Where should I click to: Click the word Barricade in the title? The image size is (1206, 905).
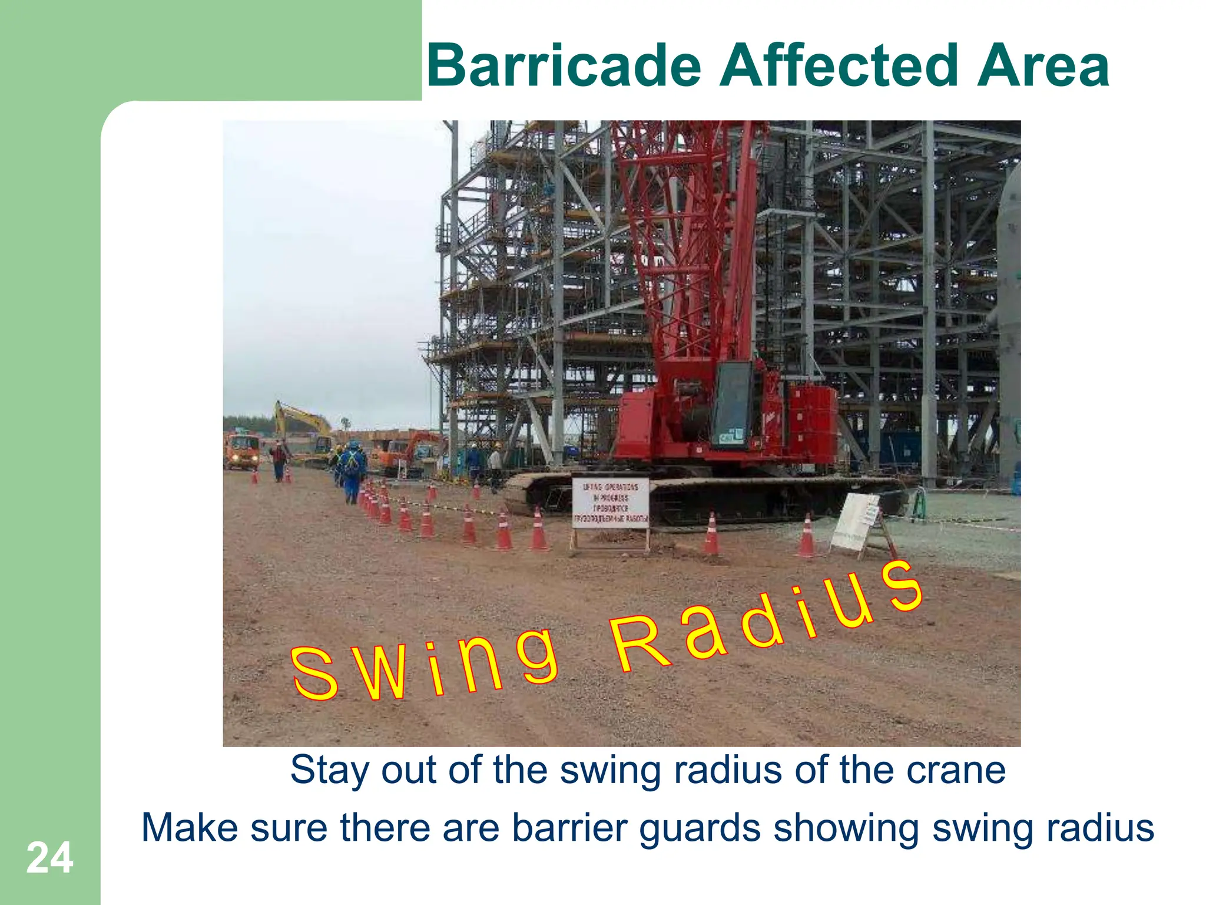pyautogui.click(x=564, y=66)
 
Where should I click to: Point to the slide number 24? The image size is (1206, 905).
pyautogui.click(x=49, y=858)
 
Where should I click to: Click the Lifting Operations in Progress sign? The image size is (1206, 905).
pyautogui.click(x=610, y=503)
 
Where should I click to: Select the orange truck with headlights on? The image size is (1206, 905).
pyautogui.click(x=242, y=451)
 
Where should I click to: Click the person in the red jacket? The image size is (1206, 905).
pyautogui.click(x=279, y=460)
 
